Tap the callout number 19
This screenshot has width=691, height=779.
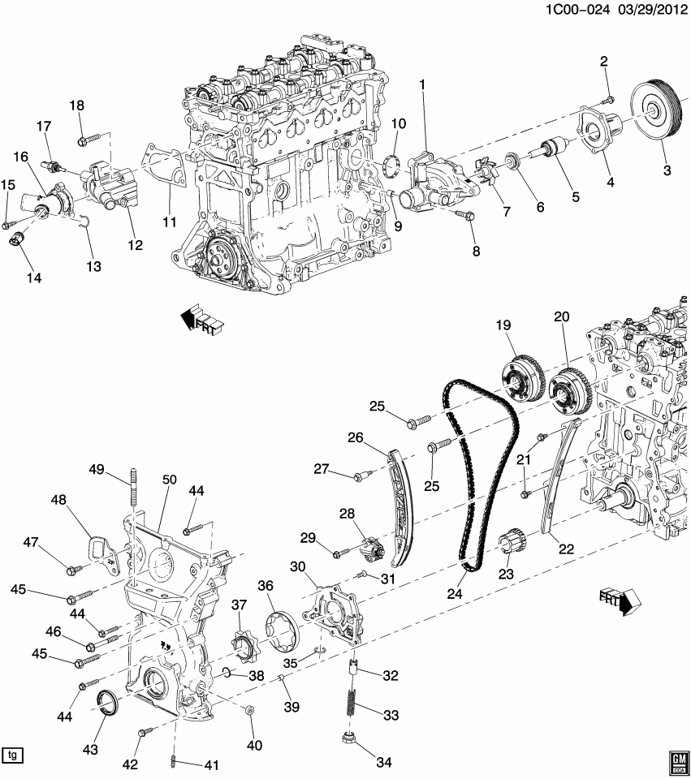click(x=503, y=325)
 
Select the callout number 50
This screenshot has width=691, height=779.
click(x=169, y=480)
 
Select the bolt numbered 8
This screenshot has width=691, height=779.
click(x=466, y=215)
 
